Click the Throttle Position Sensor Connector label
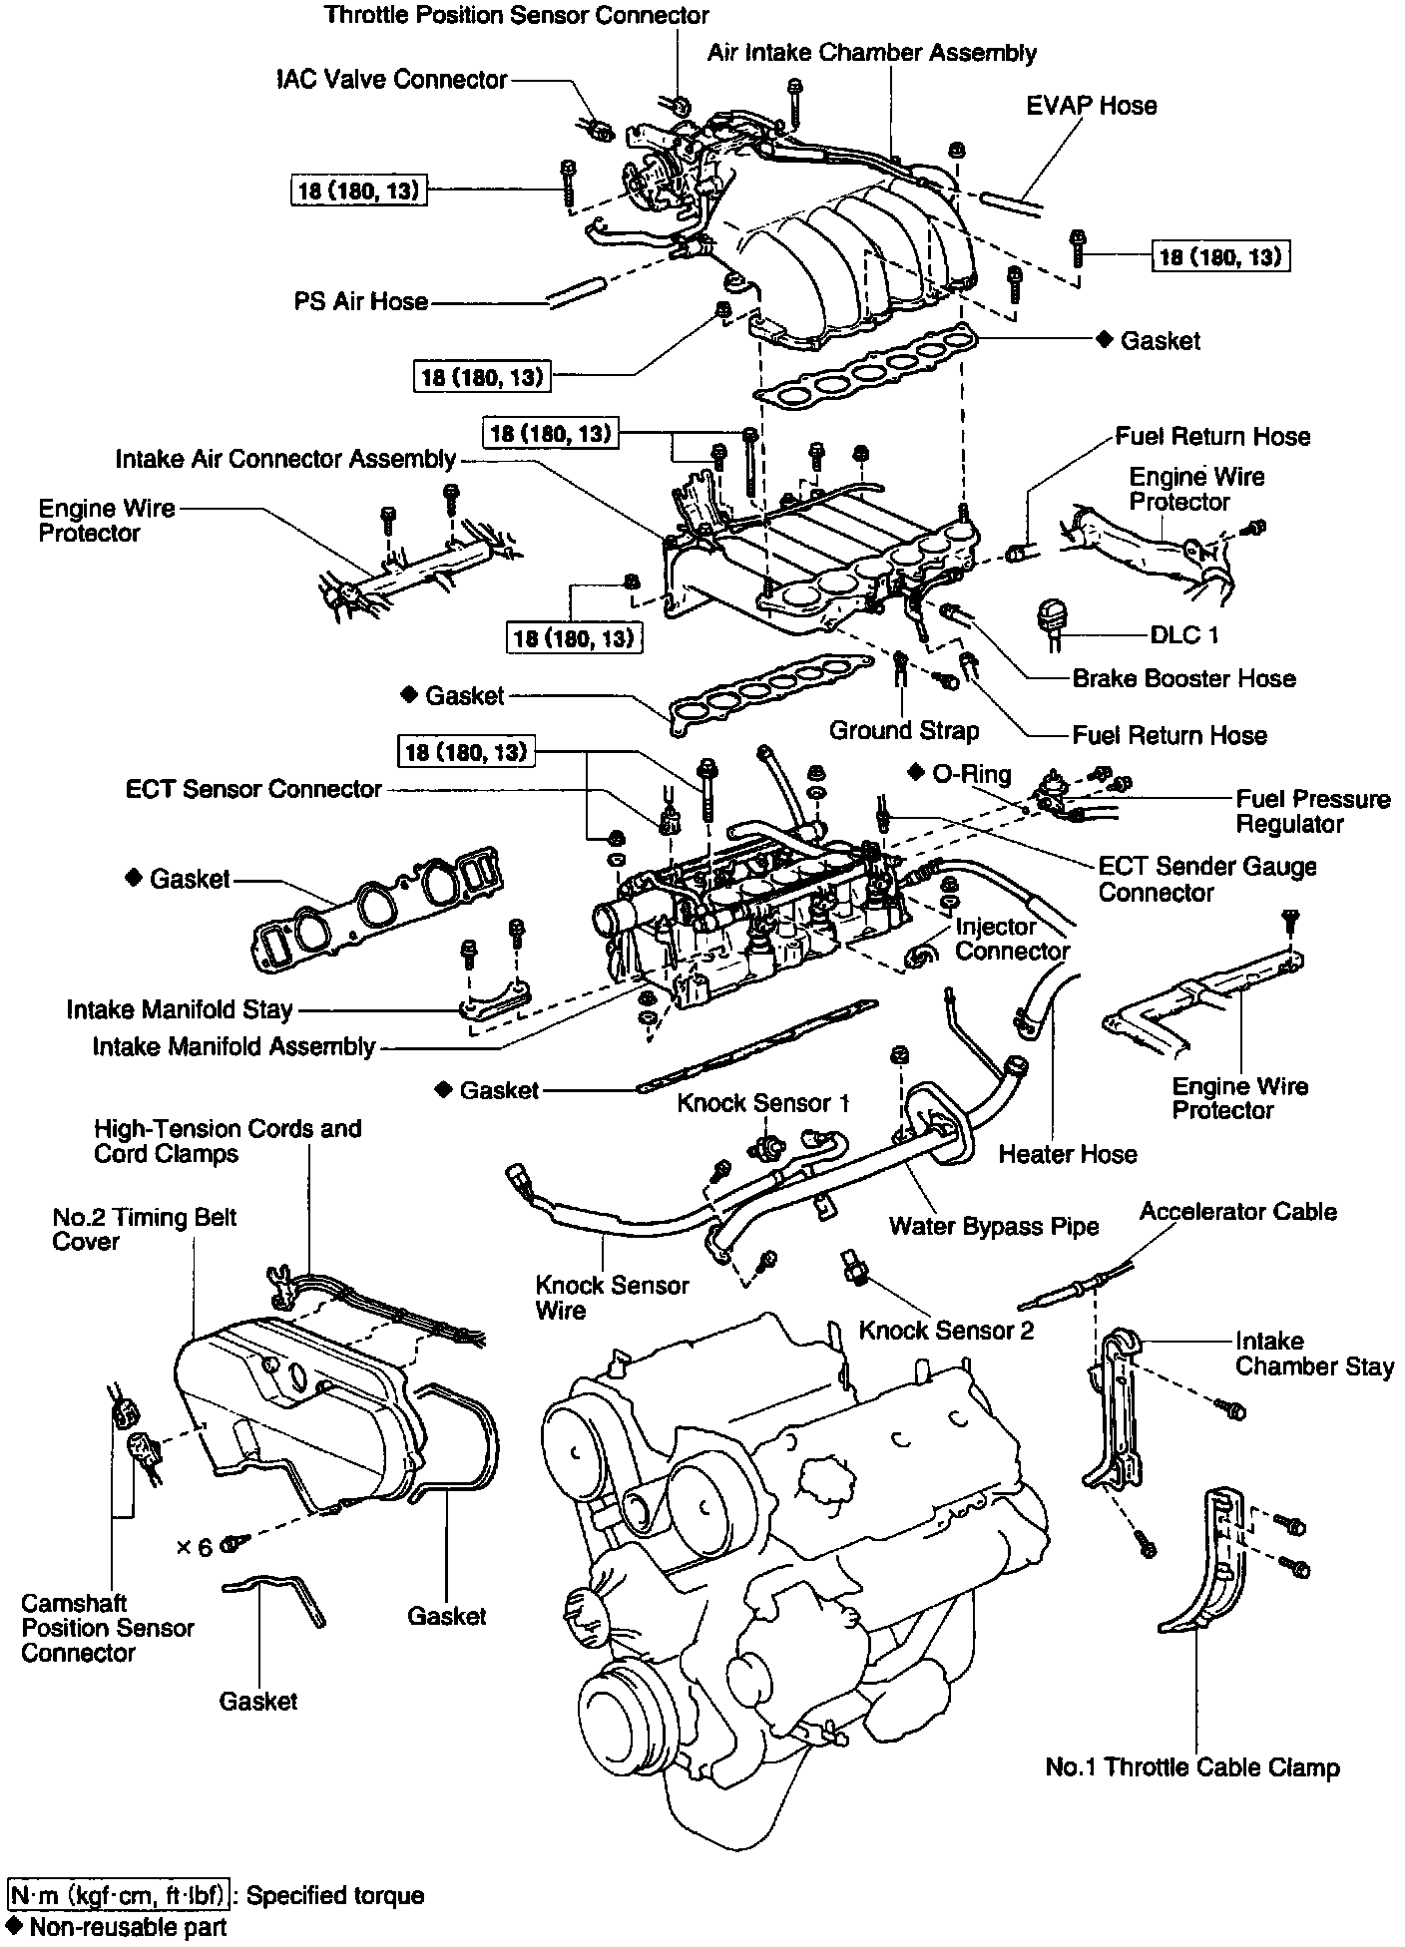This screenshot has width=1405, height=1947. point(516,15)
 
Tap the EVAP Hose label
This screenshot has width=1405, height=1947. point(1091,106)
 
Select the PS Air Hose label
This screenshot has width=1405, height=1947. point(360,301)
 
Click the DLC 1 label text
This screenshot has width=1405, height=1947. point(1184,635)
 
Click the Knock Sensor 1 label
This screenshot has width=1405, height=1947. point(763,1102)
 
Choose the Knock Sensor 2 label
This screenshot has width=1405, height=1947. point(946,1330)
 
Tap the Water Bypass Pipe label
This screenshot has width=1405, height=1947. point(993,1226)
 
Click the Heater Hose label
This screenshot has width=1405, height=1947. point(1067,1154)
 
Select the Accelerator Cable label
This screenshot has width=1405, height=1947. point(1237,1211)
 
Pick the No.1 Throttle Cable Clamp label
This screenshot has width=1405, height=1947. point(1191,1767)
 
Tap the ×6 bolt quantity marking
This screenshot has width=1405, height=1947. point(195,1547)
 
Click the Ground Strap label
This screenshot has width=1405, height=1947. point(903,730)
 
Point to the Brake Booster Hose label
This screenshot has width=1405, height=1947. point(1183,678)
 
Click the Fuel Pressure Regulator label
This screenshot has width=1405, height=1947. point(1312,811)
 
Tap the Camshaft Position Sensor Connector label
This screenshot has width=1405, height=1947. point(107,1628)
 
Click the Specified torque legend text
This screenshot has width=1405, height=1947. point(334,1895)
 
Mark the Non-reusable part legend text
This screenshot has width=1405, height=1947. point(128,1927)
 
